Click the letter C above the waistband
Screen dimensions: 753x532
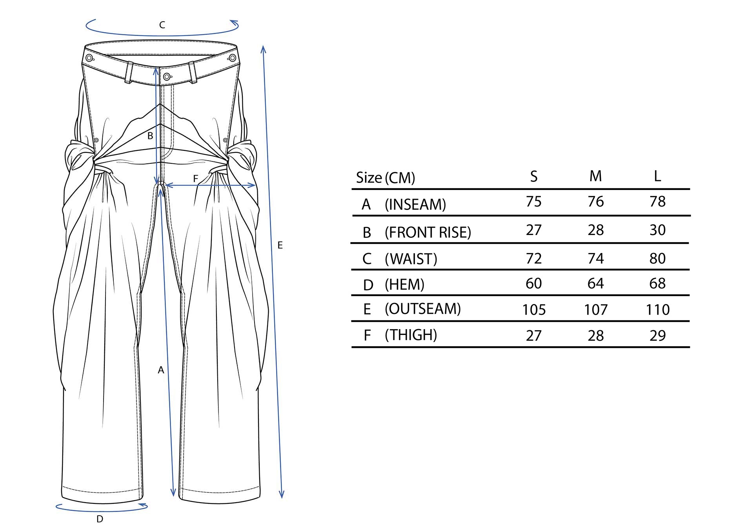pyautogui.click(x=162, y=25)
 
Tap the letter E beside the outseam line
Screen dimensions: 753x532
pyautogui.click(x=280, y=245)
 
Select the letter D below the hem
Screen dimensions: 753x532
pyautogui.click(x=100, y=519)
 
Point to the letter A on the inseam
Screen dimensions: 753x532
pyautogui.click(x=161, y=370)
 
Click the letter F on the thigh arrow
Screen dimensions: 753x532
pyautogui.click(x=195, y=179)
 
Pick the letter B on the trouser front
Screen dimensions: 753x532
pyautogui.click(x=150, y=136)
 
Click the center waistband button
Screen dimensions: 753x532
pyautogui.click(x=167, y=76)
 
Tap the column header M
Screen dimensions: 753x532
pyautogui.click(x=595, y=176)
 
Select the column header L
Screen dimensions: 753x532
pyautogui.click(x=658, y=176)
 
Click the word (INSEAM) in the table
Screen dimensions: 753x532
pyautogui.click(x=415, y=204)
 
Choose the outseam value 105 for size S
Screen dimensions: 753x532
pyautogui.click(x=534, y=309)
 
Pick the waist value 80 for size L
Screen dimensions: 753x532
pyautogui.click(x=658, y=259)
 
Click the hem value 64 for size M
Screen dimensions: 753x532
pyautogui.click(x=595, y=283)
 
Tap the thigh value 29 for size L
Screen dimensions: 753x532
pyautogui.click(x=658, y=335)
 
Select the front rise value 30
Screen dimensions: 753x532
pyautogui.click(x=658, y=230)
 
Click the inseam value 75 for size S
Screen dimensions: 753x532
pyautogui.click(x=534, y=201)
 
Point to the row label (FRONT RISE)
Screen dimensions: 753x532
pyautogui.click(x=428, y=232)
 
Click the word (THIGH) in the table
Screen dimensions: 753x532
pyautogui.click(x=411, y=335)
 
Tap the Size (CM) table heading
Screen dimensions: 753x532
pyautogui.click(x=386, y=178)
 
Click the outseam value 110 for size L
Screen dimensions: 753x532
pyautogui.click(x=658, y=309)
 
